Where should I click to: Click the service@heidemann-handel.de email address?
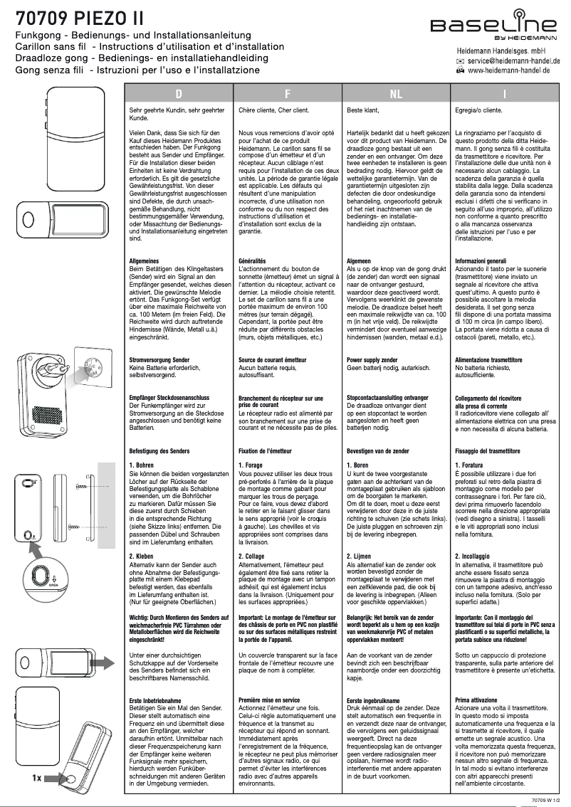point(513,62)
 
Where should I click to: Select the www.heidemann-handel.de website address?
point(513,70)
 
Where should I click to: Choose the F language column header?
point(287,94)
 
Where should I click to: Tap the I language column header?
point(504,94)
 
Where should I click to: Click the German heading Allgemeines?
point(147,261)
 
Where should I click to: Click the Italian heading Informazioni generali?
point(481,261)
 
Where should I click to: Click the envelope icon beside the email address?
point(460,62)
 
